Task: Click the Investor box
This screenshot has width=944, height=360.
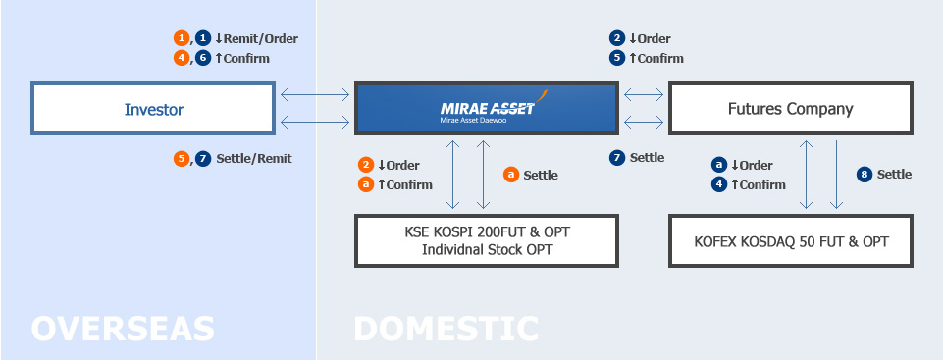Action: point(153,109)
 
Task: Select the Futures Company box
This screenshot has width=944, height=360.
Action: point(791,109)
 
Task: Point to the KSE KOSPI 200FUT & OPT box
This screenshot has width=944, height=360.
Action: point(487,231)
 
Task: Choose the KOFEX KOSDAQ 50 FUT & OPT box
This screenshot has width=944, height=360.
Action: point(791,239)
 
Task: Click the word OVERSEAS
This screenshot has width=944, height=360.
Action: point(123,328)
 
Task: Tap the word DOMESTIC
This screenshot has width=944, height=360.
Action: point(446,328)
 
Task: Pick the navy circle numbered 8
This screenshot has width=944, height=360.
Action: point(865,175)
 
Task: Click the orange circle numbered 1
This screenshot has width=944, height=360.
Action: point(182,38)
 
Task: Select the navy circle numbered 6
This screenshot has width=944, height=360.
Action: point(203,58)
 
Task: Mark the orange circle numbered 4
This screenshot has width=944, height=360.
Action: point(182,58)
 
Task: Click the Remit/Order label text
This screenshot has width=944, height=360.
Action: point(262,39)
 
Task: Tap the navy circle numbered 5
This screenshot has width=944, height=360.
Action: point(617,58)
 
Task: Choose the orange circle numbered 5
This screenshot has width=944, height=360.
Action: point(182,158)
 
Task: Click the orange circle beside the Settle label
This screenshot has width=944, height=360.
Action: point(511,175)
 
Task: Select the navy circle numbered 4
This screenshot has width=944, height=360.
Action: point(719,184)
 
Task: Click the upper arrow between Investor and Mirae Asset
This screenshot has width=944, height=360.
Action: point(314,95)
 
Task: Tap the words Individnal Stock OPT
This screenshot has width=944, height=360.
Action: point(487,249)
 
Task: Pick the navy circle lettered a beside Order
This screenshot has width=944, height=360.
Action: point(719,165)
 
